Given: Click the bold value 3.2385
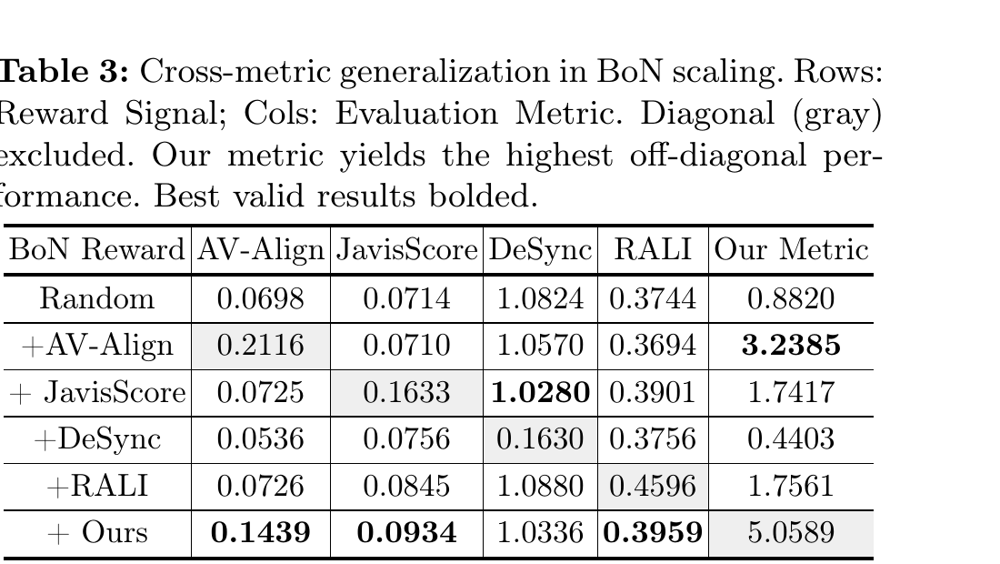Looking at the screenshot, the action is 791,345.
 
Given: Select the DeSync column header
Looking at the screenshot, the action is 540,249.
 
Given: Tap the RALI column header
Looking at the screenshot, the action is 653,249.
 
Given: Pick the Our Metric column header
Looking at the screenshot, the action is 791,249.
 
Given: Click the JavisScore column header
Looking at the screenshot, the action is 407,249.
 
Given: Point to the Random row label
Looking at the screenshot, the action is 97,298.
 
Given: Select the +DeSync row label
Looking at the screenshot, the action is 97,439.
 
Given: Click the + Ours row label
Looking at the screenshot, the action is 97,532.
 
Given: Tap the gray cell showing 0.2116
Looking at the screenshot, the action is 260,346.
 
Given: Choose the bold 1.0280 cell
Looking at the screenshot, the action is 540,392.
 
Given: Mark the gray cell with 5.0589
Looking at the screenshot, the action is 791,533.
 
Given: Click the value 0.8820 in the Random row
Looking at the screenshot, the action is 791,298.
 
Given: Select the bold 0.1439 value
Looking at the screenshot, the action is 260,533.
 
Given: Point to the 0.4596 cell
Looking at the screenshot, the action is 653,486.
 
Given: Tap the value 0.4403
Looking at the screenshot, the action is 791,439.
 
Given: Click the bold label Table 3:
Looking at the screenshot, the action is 65,71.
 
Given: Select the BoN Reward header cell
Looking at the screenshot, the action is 97,249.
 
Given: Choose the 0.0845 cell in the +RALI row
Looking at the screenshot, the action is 407,486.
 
